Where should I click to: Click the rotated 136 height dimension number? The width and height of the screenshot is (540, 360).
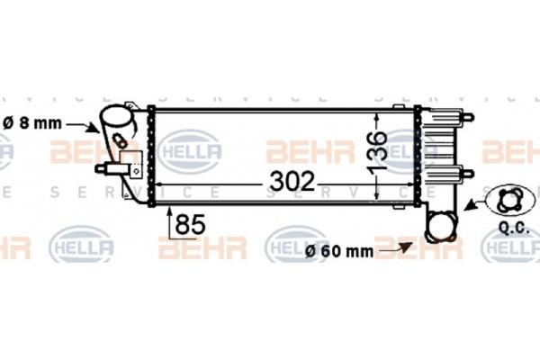pyautogui.click(x=378, y=151)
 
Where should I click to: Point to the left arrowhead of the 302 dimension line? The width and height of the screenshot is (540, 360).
pyautogui.click(x=163, y=184)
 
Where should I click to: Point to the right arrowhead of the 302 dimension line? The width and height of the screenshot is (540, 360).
pyautogui.click(x=411, y=184)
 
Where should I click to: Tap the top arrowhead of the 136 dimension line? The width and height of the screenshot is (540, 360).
pyautogui.click(x=378, y=114)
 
